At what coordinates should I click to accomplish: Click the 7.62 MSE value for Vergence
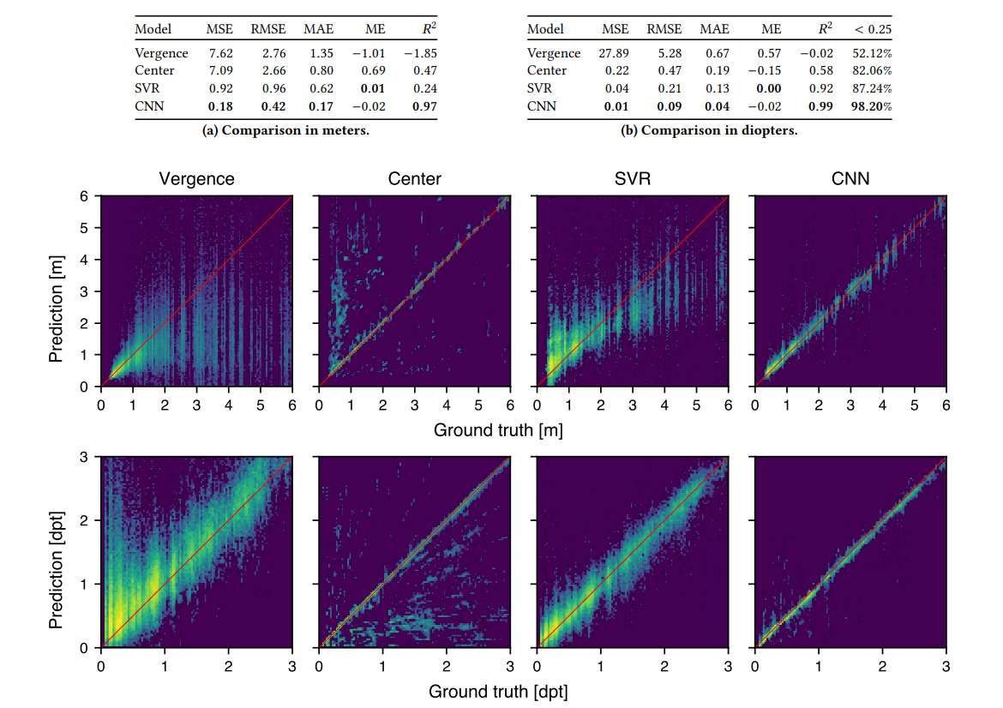tap(213, 53)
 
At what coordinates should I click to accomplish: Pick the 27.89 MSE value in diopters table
tap(614, 53)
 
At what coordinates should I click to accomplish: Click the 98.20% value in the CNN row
tap(872, 106)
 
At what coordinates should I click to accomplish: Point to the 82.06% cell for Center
tap(872, 70)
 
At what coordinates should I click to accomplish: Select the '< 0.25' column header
tap(873, 29)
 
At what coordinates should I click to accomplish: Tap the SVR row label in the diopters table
tap(539, 88)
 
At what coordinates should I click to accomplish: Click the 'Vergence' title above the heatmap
tap(196, 180)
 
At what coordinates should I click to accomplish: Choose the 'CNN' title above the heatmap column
tap(850, 180)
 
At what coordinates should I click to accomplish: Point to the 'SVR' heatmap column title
tap(632, 180)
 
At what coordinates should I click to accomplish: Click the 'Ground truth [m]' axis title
tap(497, 429)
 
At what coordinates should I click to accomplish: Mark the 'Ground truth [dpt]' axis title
tap(497, 690)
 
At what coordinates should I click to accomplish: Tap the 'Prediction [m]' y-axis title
tap(57, 291)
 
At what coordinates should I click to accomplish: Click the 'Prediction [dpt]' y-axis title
tap(57, 552)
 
